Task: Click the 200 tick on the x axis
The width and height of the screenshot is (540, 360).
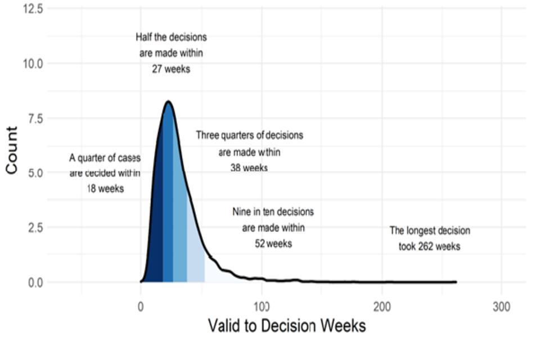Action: coord(382,308)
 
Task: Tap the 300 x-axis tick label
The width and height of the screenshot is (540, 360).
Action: coord(502,308)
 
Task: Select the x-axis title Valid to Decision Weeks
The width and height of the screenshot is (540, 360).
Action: coord(287,326)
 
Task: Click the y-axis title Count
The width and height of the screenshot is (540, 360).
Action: coord(12,150)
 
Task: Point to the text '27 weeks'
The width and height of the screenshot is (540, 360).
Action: coord(171,70)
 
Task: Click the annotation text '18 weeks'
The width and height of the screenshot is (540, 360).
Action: coord(105,189)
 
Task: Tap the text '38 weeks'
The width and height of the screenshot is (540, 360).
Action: coord(249,168)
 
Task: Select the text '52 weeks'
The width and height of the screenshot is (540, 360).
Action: coord(273,244)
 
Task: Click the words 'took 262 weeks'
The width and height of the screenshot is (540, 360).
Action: coord(430,246)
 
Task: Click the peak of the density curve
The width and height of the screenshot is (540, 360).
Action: coord(168,102)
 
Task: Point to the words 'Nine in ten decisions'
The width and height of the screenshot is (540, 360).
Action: coord(273,212)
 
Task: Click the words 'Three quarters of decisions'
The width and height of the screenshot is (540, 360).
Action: coord(249,136)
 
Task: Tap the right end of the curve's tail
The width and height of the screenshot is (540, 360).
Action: coord(456,282)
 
